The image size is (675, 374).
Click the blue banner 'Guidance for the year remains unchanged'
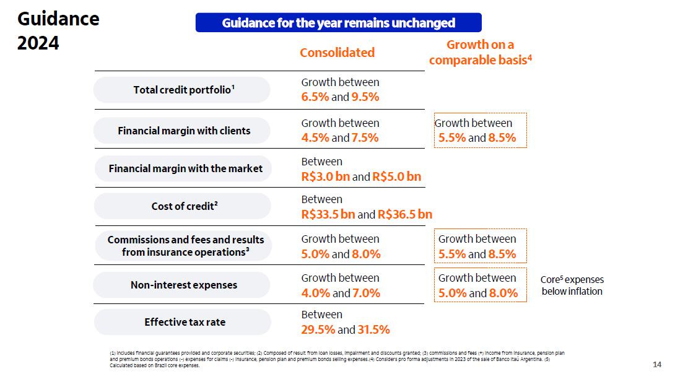pos(338,23)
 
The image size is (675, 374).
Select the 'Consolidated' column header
pos(337,53)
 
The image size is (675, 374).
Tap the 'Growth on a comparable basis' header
pos(481,52)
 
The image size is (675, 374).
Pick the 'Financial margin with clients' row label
pos(183,131)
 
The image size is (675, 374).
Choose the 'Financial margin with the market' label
pos(185,168)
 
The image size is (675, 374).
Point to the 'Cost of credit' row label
pos(183,206)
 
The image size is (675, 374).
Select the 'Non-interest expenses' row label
pos(183,285)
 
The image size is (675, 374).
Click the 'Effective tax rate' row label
pos(184,322)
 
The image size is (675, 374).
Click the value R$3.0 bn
pos(326,176)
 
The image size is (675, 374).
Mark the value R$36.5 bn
pos(405,214)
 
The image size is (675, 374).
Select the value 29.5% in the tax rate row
pos(318,329)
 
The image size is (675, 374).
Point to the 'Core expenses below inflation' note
pos(572,285)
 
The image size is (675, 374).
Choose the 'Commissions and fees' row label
pos(185,246)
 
